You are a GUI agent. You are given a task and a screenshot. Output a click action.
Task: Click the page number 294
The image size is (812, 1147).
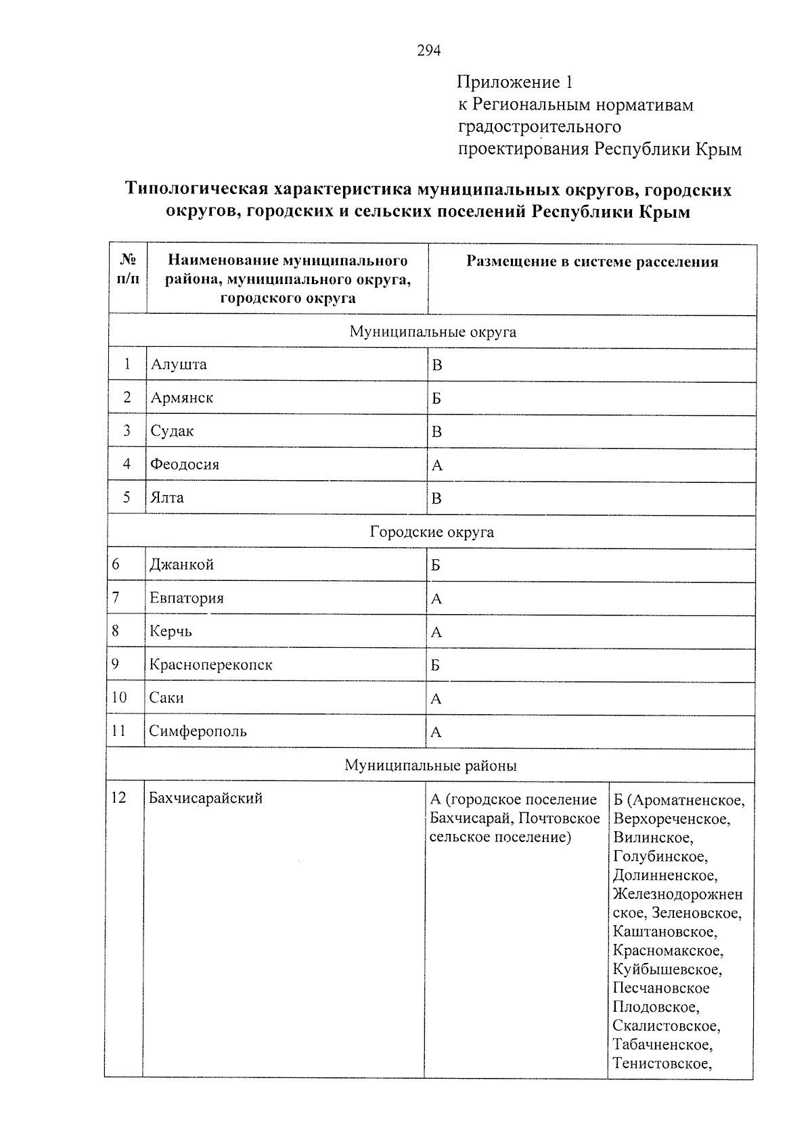pos(428,51)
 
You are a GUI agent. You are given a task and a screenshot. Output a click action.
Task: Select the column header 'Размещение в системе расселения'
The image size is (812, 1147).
pos(592,262)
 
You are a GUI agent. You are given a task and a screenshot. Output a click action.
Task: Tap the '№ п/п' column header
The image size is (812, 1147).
pos(128,270)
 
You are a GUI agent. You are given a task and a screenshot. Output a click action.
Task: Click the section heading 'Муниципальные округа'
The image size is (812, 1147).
pos(432,332)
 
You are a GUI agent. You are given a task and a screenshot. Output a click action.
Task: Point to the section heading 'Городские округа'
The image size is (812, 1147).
pos(432,532)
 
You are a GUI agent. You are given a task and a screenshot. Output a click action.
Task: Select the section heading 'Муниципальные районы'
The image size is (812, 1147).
pos(430,766)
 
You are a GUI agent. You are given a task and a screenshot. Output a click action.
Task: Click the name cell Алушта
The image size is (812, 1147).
pos(179,365)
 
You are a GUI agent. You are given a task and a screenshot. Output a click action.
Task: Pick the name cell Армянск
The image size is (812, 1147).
pos(181,398)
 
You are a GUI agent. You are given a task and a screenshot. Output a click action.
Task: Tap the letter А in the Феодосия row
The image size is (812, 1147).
pos(436,465)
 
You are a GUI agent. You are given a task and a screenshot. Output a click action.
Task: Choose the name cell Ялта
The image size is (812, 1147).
pos(166,498)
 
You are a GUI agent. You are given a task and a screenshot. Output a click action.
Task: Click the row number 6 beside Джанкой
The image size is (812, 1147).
pos(116,565)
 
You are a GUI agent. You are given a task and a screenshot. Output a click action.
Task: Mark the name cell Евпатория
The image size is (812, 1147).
pos(186,598)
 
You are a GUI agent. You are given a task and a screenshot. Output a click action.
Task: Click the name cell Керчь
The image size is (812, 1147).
pos(171,631)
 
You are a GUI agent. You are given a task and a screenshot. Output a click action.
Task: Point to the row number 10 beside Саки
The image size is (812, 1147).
pos(119,697)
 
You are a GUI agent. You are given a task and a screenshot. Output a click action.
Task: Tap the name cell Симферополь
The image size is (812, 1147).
pos(198,731)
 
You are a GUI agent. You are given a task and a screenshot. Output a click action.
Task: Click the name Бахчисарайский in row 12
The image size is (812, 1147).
pos(205,798)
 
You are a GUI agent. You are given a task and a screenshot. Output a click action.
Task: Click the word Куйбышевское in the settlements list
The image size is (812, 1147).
pos(667,969)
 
